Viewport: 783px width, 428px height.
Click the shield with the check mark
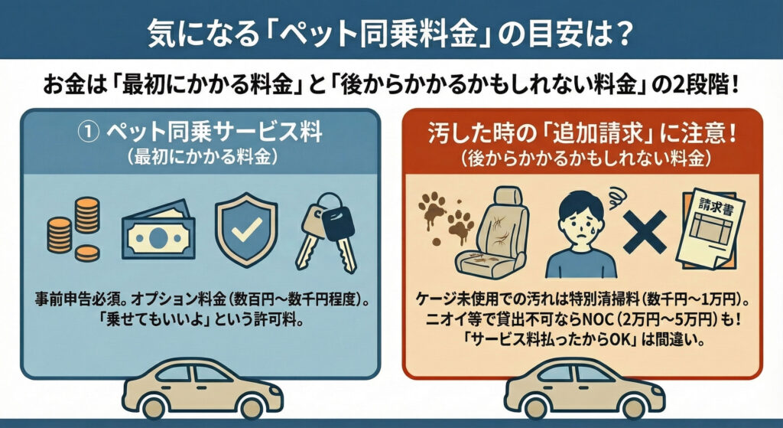click(x=246, y=230)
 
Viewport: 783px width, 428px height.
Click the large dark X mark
click(x=645, y=232)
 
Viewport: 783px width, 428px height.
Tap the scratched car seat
click(x=492, y=233)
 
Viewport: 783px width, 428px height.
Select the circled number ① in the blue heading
click(x=89, y=132)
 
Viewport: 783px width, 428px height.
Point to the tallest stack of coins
click(x=87, y=216)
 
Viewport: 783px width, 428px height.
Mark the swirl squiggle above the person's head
click(x=614, y=195)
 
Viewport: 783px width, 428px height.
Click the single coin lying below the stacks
click(x=87, y=253)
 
